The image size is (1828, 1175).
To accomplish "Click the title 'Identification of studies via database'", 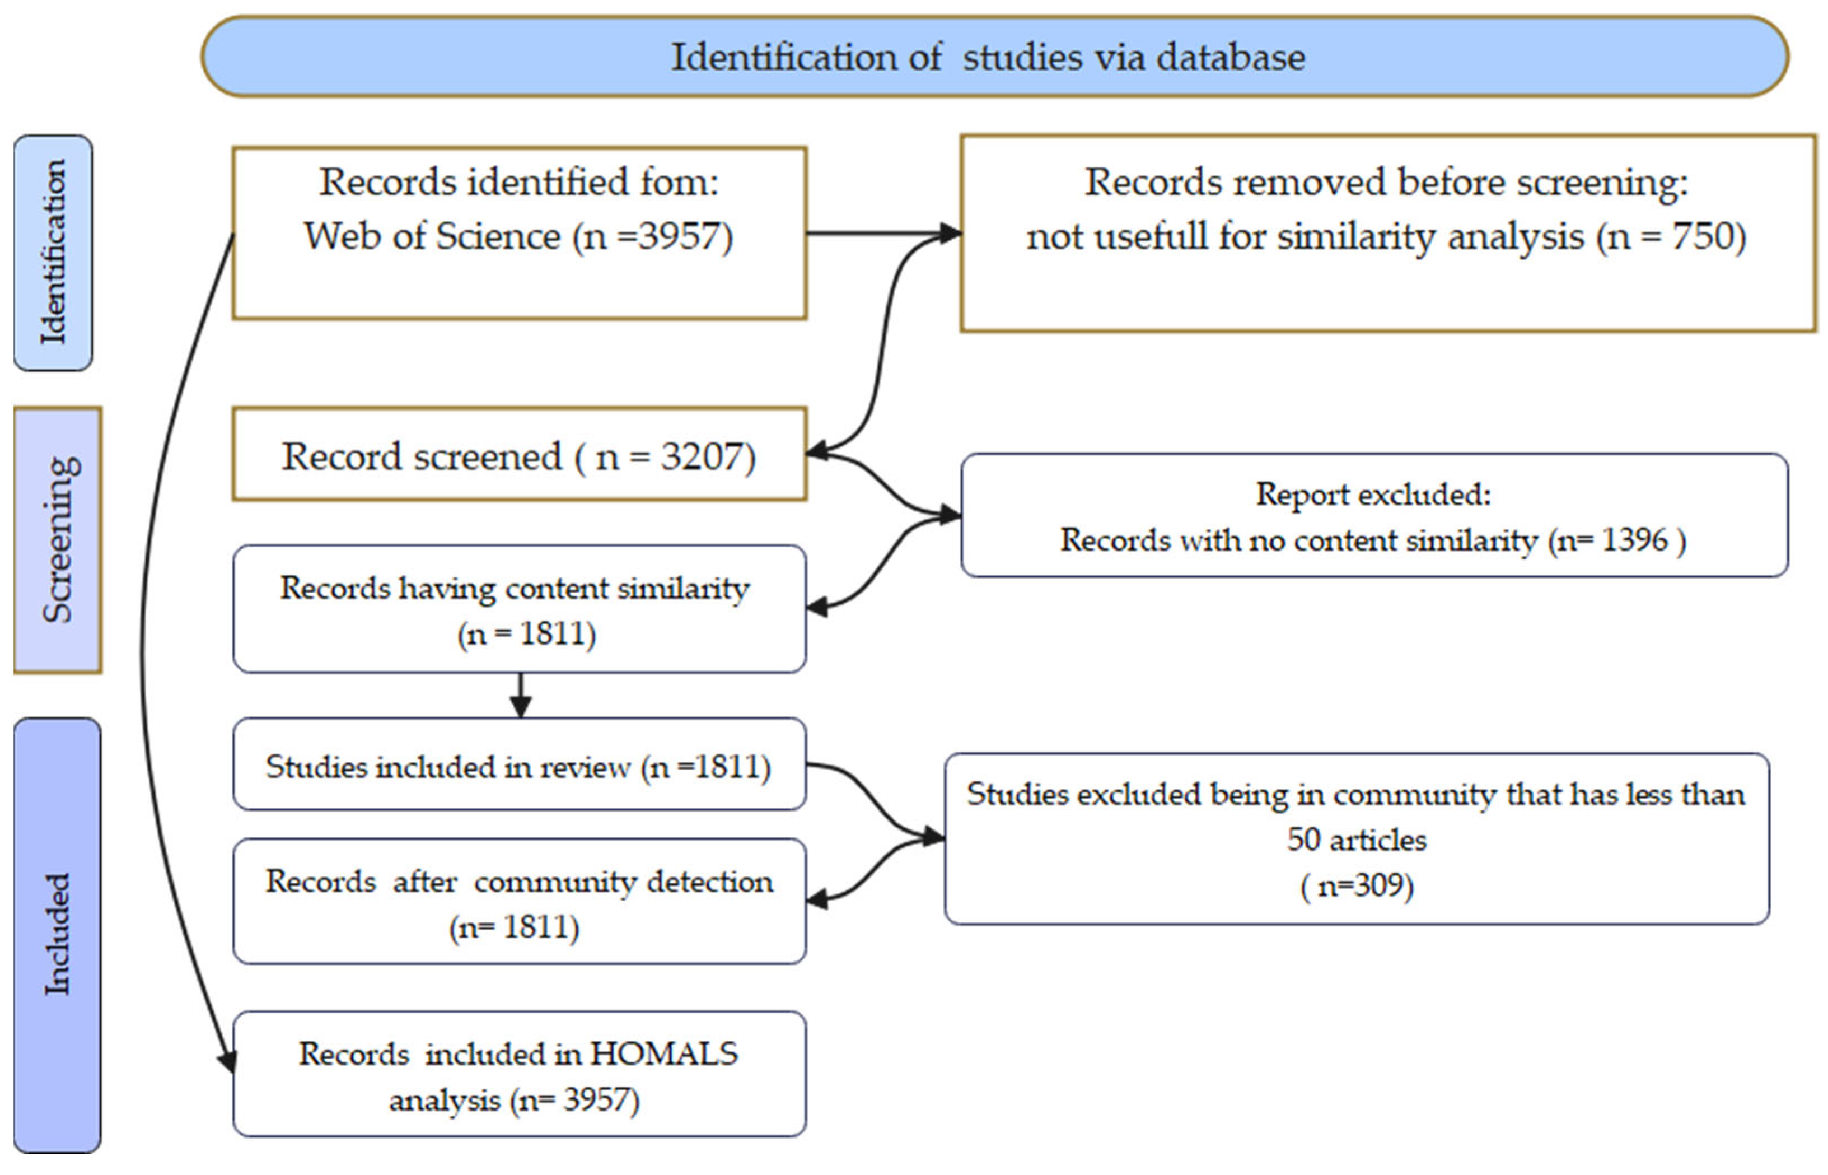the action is (x=988, y=57).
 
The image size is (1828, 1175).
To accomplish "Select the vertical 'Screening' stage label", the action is (x=58, y=539).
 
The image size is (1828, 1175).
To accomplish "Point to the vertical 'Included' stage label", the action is (x=57, y=935).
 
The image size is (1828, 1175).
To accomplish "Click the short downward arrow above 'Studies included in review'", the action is (x=520, y=695).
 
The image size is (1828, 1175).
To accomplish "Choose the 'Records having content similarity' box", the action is (x=520, y=609).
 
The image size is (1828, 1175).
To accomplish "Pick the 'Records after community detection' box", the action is (x=520, y=901).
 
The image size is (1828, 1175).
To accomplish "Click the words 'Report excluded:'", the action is (x=1373, y=495).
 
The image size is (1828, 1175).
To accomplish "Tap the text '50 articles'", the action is (x=1357, y=840).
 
